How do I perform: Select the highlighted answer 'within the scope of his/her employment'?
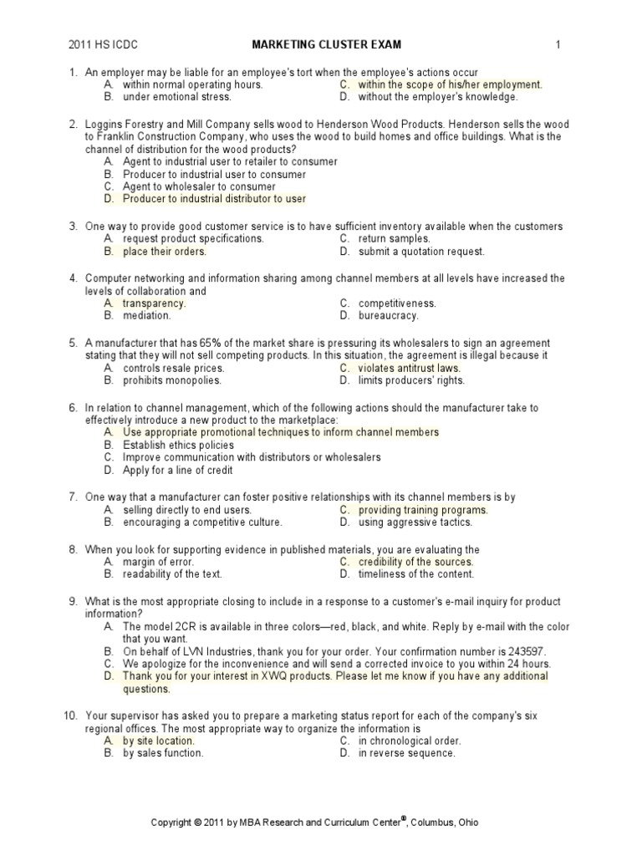coord(450,84)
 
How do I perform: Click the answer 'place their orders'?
coord(164,251)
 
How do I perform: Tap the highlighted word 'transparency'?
coord(154,303)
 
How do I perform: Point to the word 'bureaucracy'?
coord(389,316)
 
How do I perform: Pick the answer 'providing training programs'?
coord(423,510)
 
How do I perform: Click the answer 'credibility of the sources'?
coord(415,562)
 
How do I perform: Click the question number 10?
coord(70,716)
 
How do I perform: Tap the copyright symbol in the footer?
coord(197,823)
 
